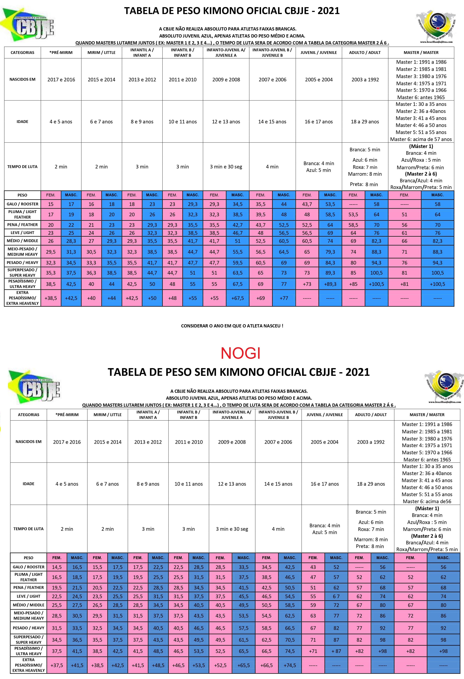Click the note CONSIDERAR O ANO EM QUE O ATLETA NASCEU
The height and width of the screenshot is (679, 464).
(232, 326)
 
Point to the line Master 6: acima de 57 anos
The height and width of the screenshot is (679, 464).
(421, 139)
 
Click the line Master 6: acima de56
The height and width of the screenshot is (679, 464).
(427, 501)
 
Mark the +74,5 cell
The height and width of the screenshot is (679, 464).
(290, 665)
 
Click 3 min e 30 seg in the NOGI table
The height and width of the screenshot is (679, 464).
(232, 529)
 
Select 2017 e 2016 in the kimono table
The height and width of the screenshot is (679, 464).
(61, 80)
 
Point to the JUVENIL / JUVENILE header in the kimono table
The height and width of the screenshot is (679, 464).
(319, 53)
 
